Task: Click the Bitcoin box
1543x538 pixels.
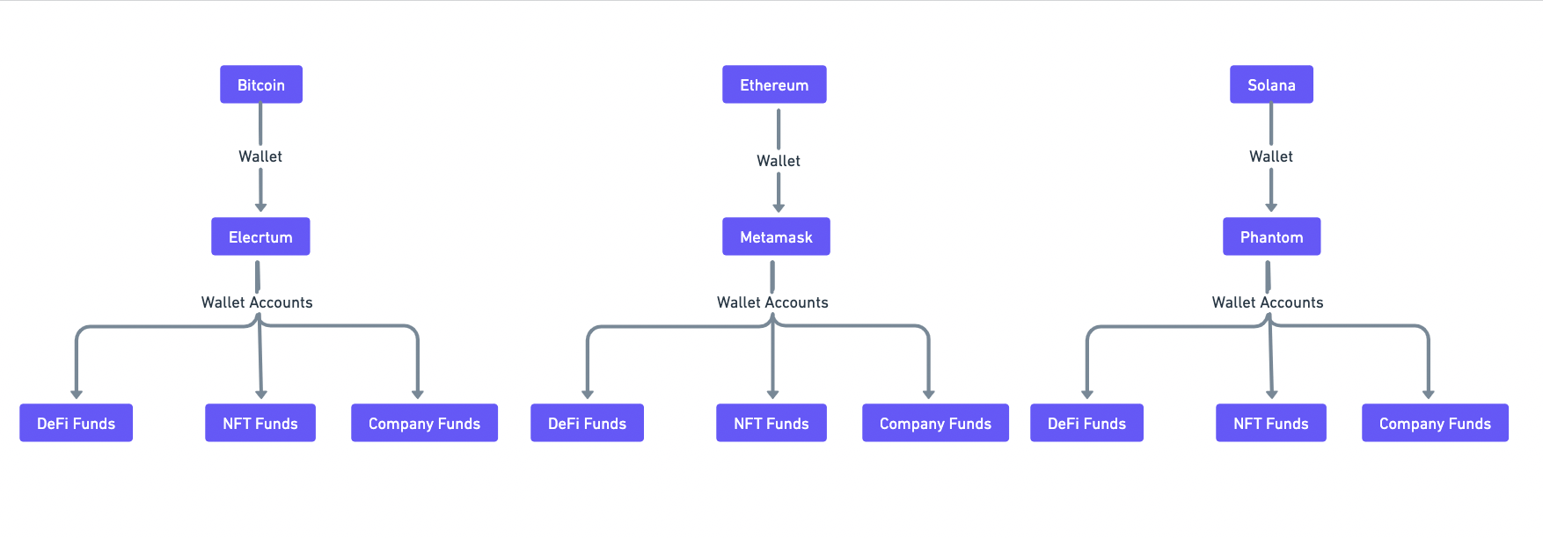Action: (x=261, y=84)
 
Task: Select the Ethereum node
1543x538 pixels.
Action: (x=774, y=84)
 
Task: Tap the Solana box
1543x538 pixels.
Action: (x=1271, y=84)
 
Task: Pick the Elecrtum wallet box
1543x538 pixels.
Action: (x=260, y=236)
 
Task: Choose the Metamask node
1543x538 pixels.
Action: (x=776, y=236)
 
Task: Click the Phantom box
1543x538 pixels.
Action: (x=1271, y=236)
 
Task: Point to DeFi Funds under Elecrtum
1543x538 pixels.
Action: (x=76, y=423)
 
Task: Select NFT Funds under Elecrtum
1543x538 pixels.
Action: (x=260, y=423)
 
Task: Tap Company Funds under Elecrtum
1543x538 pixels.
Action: (x=424, y=423)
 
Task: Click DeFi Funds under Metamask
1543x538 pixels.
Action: (x=587, y=423)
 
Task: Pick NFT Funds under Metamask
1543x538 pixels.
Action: (x=771, y=423)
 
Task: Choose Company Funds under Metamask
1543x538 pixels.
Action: (x=935, y=423)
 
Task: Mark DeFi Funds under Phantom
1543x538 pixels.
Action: (x=1086, y=423)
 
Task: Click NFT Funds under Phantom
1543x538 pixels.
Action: (x=1271, y=423)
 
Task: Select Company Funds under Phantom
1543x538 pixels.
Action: (x=1435, y=423)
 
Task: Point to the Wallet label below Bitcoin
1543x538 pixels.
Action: (x=260, y=156)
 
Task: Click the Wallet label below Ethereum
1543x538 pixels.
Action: (x=779, y=161)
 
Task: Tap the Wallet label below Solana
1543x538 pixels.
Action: (x=1271, y=156)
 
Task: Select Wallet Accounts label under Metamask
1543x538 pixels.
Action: (x=772, y=302)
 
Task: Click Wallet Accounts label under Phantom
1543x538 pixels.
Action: (x=1268, y=302)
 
